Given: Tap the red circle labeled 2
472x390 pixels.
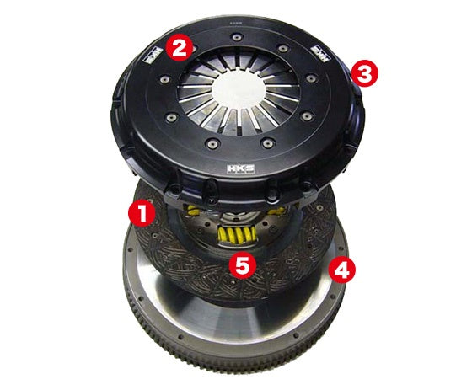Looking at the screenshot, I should (x=178, y=48).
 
